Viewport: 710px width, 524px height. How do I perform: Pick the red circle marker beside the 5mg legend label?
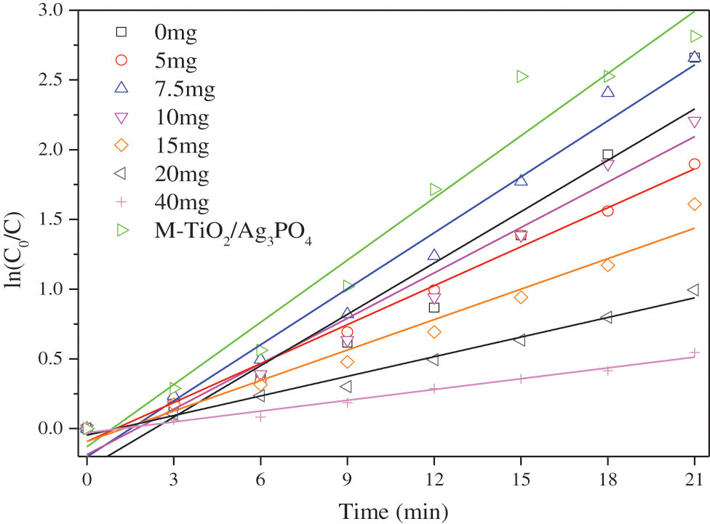pyautogui.click(x=121, y=60)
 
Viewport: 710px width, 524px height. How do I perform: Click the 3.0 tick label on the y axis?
pyautogui.click(x=53, y=10)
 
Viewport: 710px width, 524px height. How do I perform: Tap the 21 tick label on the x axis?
pyautogui.click(x=694, y=480)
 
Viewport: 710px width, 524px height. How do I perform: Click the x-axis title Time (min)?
pyautogui.click(x=391, y=510)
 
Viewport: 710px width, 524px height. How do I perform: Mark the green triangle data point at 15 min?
pyautogui.click(x=522, y=76)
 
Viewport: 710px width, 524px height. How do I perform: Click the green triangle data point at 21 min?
pyautogui.click(x=695, y=36)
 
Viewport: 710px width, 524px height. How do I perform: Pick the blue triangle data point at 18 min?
pyautogui.click(x=607, y=92)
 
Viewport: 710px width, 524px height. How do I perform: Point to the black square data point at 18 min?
pyautogui.click(x=607, y=155)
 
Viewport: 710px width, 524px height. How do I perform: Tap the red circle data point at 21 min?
pyautogui.click(x=694, y=164)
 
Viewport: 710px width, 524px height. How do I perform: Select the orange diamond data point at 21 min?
pyautogui.click(x=694, y=204)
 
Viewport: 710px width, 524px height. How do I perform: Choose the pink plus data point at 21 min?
pyautogui.click(x=694, y=352)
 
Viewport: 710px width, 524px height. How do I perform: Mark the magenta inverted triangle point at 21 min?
pyautogui.click(x=694, y=122)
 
